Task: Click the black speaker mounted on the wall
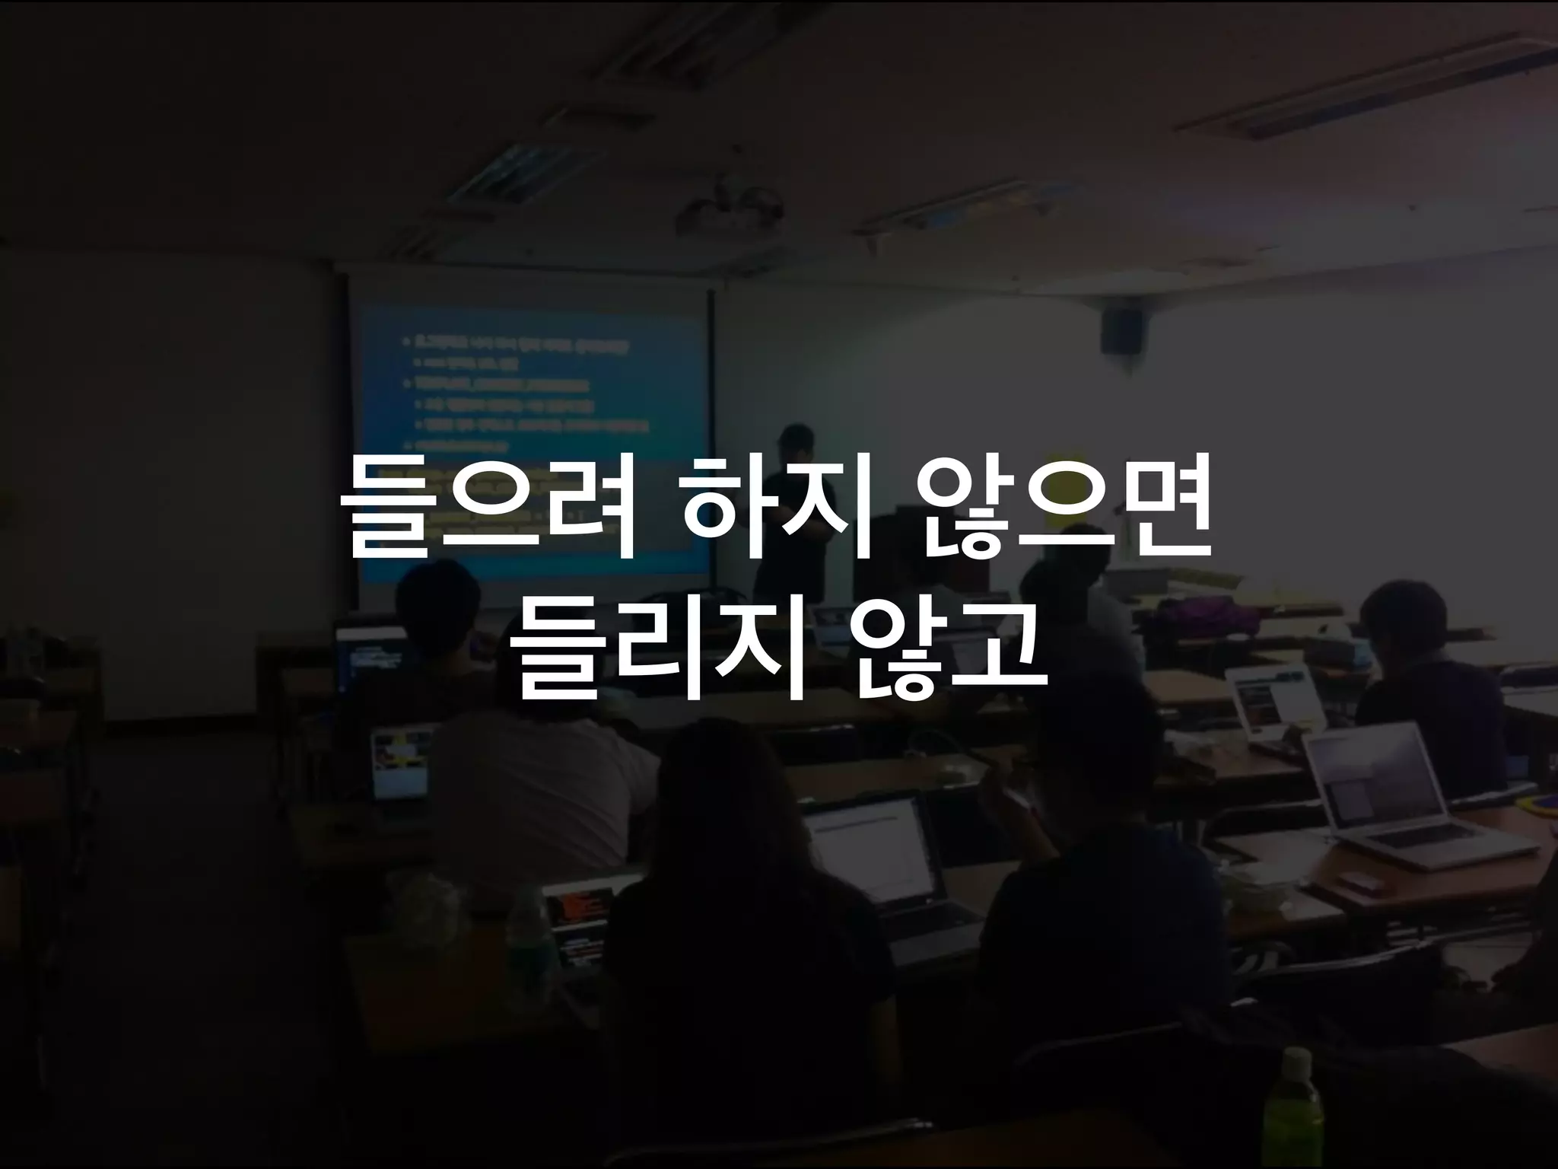(x=1121, y=328)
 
